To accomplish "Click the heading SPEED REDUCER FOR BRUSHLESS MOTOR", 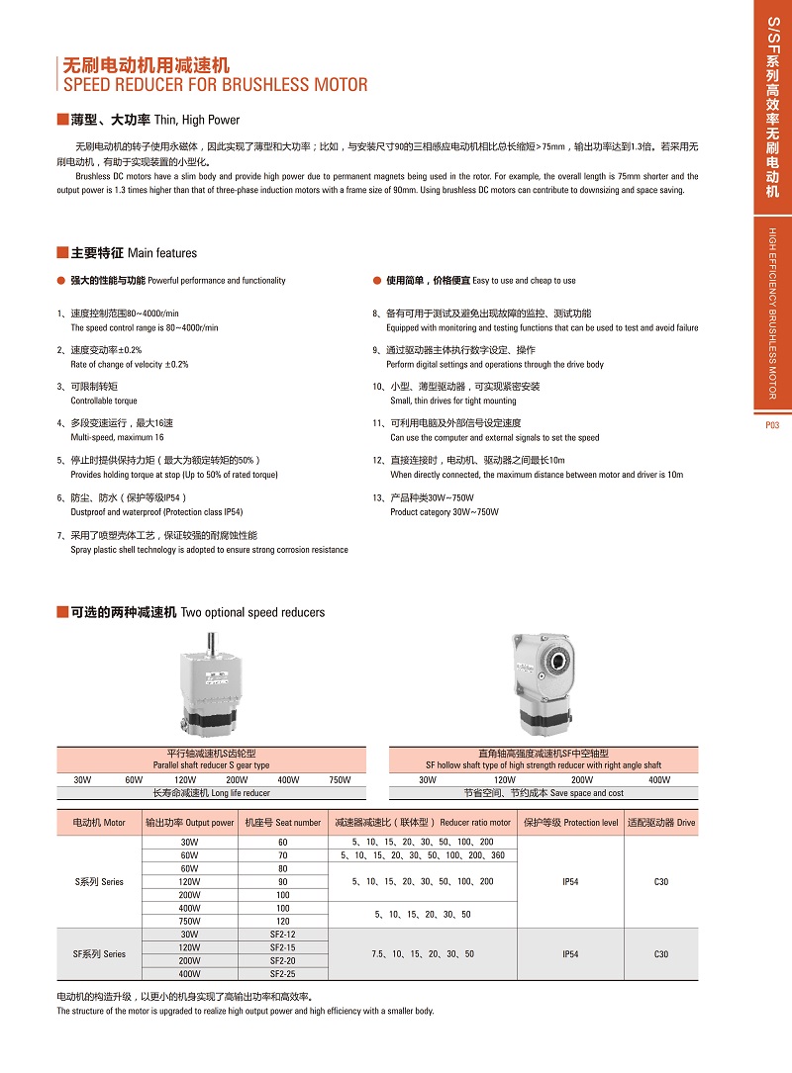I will point(215,85).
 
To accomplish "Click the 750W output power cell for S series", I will point(189,921).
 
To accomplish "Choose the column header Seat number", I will point(282,823).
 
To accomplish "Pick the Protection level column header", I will point(570,823).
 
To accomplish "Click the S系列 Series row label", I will point(100,881).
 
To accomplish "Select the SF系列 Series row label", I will point(100,954).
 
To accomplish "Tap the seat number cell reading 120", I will point(282,921).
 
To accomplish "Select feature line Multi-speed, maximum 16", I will point(117,437).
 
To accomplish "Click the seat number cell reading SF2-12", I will point(282,935).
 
